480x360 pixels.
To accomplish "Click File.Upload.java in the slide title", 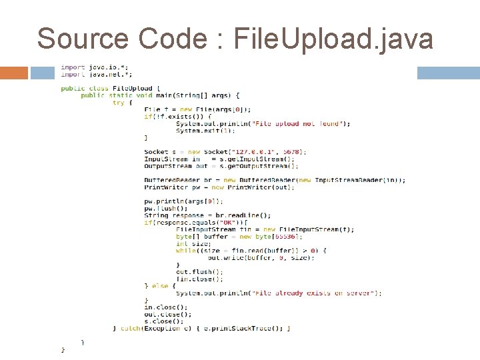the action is pyautogui.click(x=334, y=39).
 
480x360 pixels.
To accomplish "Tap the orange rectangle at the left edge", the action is pyautogui.click(x=14, y=73).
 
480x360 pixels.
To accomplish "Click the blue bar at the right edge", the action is pyautogui.click(x=448, y=73).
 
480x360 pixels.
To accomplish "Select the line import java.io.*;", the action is pyautogui.click(x=91, y=67).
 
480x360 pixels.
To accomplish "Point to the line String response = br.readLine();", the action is pyautogui.click(x=207, y=215).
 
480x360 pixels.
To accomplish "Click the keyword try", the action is pyautogui.click(x=118, y=103).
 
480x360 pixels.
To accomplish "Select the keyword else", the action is pyautogui.click(x=160, y=285).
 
